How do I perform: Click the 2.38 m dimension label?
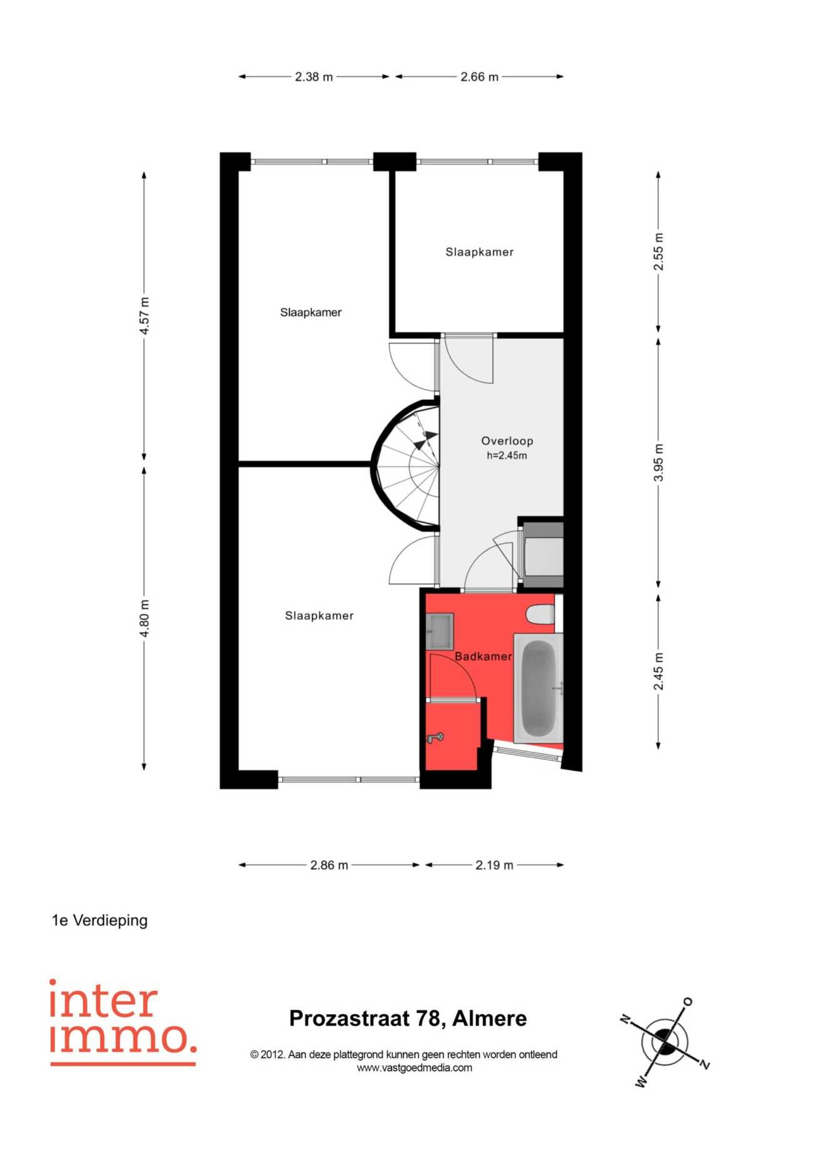tap(314, 77)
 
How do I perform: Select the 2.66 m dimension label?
tap(480, 77)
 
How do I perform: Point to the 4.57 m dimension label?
tap(144, 315)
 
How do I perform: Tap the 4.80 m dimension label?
tap(144, 618)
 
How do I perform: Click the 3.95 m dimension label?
tap(659, 462)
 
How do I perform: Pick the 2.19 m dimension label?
tap(494, 865)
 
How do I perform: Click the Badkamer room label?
tap(483, 656)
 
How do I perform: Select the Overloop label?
tap(507, 440)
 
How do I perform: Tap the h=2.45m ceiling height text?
tap(507, 455)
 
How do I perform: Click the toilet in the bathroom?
tap(540, 614)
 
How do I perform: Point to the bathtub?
tap(538, 688)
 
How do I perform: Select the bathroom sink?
tap(440, 631)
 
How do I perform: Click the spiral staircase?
tap(406, 466)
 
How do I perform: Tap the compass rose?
tap(664, 1042)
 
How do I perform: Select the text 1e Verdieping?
tap(100, 920)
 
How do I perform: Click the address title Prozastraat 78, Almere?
tap(408, 1019)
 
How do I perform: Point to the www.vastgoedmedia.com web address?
tap(414, 1068)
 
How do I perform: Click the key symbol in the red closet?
tap(435, 738)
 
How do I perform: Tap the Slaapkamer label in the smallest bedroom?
tap(480, 252)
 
